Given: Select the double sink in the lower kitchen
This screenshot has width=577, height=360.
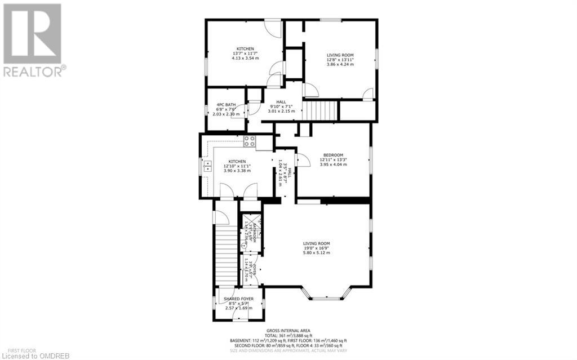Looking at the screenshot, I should (x=207, y=166).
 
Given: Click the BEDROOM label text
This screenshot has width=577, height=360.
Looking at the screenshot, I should (x=333, y=155).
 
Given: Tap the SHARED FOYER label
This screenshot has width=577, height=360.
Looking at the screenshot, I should (x=238, y=299).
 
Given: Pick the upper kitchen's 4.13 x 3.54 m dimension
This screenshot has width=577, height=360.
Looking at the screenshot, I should (x=245, y=58).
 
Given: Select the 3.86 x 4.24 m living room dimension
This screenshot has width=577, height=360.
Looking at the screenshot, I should (x=340, y=65).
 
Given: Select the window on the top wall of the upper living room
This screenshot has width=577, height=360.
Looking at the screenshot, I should (x=331, y=21).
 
